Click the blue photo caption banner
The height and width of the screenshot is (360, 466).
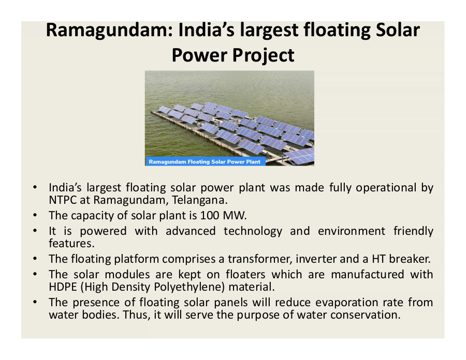click(206, 161)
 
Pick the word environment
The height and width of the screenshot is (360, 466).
click(351, 231)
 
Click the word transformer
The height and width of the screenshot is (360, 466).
click(260, 259)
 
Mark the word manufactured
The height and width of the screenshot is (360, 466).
click(368, 275)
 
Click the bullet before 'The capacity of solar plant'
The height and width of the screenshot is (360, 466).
click(35, 215)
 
